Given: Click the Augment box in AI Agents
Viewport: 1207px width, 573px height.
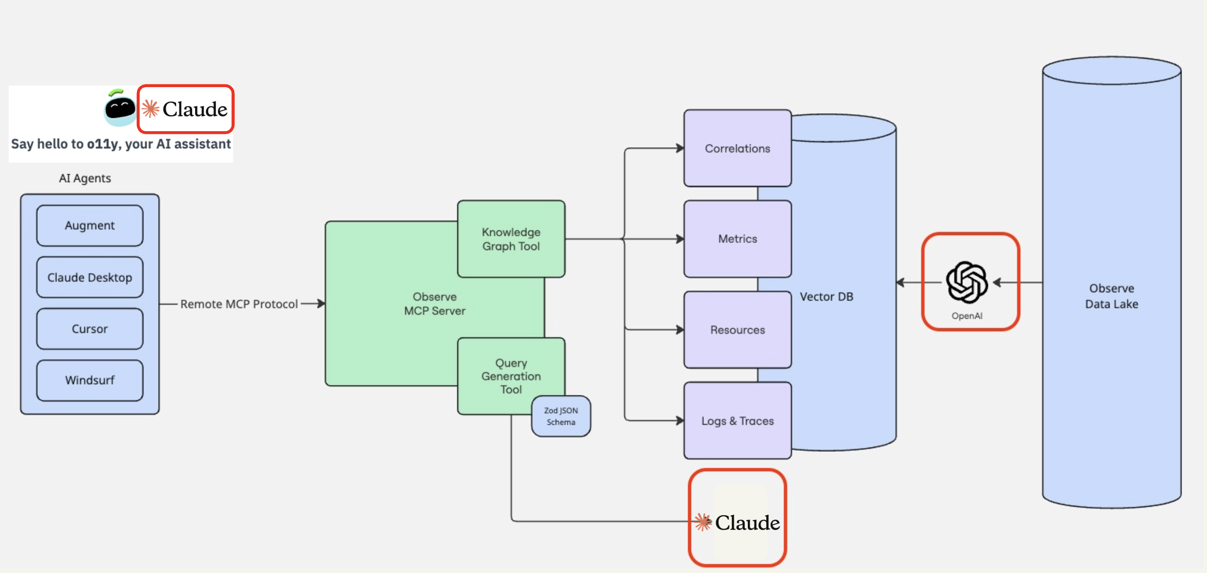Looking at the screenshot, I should tap(89, 225).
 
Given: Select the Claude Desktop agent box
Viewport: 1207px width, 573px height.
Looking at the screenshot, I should tap(89, 277).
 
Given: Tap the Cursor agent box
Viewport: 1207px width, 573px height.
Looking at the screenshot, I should tap(89, 329).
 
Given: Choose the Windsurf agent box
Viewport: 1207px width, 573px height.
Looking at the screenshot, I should tap(89, 380).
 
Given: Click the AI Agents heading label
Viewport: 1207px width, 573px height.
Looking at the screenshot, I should tap(85, 179).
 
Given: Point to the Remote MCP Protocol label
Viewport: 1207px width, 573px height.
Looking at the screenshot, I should tap(239, 304).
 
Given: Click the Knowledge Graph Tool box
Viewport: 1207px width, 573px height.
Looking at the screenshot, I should tap(511, 239).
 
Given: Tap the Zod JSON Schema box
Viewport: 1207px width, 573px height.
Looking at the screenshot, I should tap(561, 416).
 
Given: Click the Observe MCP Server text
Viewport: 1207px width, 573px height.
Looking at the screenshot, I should tap(435, 304).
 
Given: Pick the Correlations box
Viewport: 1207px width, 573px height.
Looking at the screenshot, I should tap(737, 148).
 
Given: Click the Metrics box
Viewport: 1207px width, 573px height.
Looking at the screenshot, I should tap(737, 239).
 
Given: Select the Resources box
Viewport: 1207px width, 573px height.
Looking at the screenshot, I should tap(737, 330).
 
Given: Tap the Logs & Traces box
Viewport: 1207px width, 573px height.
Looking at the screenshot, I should tap(737, 421).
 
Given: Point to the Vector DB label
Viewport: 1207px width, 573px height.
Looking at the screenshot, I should tap(826, 297).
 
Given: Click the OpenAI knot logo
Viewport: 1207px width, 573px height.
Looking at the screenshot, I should tap(967, 282).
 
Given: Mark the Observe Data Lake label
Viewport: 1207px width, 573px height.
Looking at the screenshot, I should tap(1111, 296).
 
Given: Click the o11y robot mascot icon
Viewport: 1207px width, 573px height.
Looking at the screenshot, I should tap(120, 108).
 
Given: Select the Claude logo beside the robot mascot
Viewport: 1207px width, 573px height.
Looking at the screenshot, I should tap(186, 109).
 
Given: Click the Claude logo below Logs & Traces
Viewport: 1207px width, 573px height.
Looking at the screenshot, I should tap(737, 522).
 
